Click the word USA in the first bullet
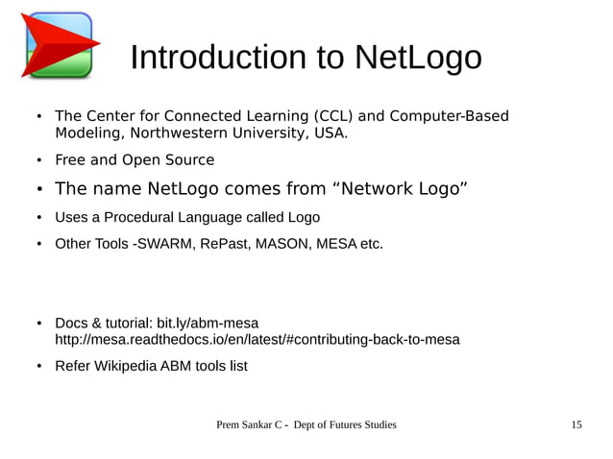329,133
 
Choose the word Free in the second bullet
70,160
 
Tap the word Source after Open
189,160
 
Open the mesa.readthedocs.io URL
257,339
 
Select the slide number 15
576,424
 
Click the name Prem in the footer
231,424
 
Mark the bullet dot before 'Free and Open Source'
39,160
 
